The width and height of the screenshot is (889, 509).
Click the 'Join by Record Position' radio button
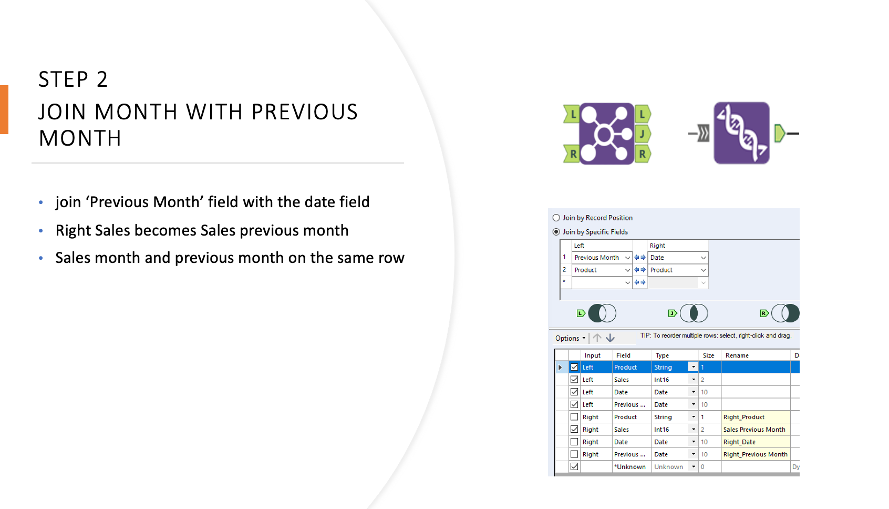pos(556,218)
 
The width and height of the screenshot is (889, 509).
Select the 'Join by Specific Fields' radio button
pos(556,232)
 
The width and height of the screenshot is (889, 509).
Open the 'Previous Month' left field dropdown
pos(627,258)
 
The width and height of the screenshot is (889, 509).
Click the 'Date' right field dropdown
pos(703,258)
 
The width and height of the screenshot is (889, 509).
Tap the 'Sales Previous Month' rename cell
pos(754,430)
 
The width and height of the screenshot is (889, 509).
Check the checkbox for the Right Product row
pos(574,417)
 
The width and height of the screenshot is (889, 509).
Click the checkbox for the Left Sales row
pos(574,380)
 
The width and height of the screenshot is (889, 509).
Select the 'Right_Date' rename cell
pos(754,442)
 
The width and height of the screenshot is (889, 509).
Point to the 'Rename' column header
pos(737,355)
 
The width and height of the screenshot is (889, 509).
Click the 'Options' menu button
pos(570,338)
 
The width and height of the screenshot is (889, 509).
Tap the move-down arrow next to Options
pos(610,338)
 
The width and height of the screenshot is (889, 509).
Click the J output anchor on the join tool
pos(643,134)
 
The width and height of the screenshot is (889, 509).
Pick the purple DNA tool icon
pos(741,133)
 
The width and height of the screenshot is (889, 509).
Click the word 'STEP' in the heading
pos(63,80)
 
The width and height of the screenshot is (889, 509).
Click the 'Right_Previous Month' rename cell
pos(755,454)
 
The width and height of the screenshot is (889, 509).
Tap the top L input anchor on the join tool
pos(572,114)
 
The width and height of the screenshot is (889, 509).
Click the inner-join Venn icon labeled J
pos(694,313)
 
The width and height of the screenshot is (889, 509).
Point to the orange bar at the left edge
pos(4,109)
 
